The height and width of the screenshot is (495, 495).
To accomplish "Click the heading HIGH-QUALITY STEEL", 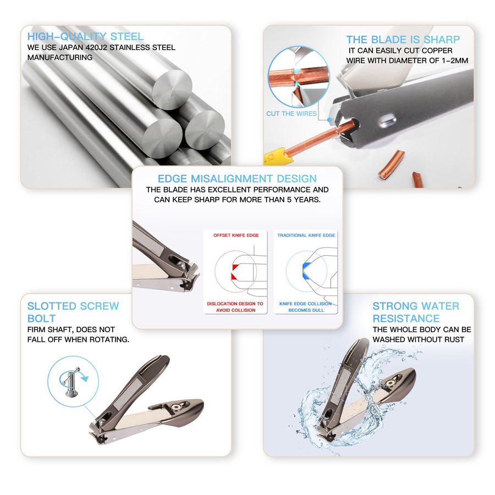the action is [x=85, y=37].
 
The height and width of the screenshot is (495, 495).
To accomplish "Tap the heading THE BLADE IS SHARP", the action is [x=403, y=40].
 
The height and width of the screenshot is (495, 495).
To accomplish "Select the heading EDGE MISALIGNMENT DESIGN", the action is [x=237, y=179].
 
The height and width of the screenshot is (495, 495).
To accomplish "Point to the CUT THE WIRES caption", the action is [x=291, y=114].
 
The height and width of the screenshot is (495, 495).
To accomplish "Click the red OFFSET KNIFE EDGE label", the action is [x=236, y=235].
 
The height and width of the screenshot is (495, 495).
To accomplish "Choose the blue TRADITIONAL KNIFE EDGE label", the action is [x=306, y=235].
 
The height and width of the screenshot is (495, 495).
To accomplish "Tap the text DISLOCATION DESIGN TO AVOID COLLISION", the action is [x=235, y=307].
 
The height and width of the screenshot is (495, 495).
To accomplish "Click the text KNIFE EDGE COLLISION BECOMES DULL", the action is [x=306, y=307].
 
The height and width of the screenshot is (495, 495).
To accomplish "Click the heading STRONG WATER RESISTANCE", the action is [x=416, y=312].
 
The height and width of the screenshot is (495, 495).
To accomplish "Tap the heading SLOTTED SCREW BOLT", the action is [x=73, y=312].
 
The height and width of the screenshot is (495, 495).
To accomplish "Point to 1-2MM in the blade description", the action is [x=455, y=61].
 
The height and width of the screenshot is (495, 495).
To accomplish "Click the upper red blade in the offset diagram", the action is [x=235, y=267].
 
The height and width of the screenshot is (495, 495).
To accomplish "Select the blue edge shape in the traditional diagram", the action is [x=306, y=271].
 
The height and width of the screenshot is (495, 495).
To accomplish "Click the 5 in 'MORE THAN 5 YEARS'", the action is [x=289, y=200].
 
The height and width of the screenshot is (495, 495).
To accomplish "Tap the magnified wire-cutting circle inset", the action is [x=299, y=76].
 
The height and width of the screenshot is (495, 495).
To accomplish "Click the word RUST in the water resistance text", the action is [x=454, y=340].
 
